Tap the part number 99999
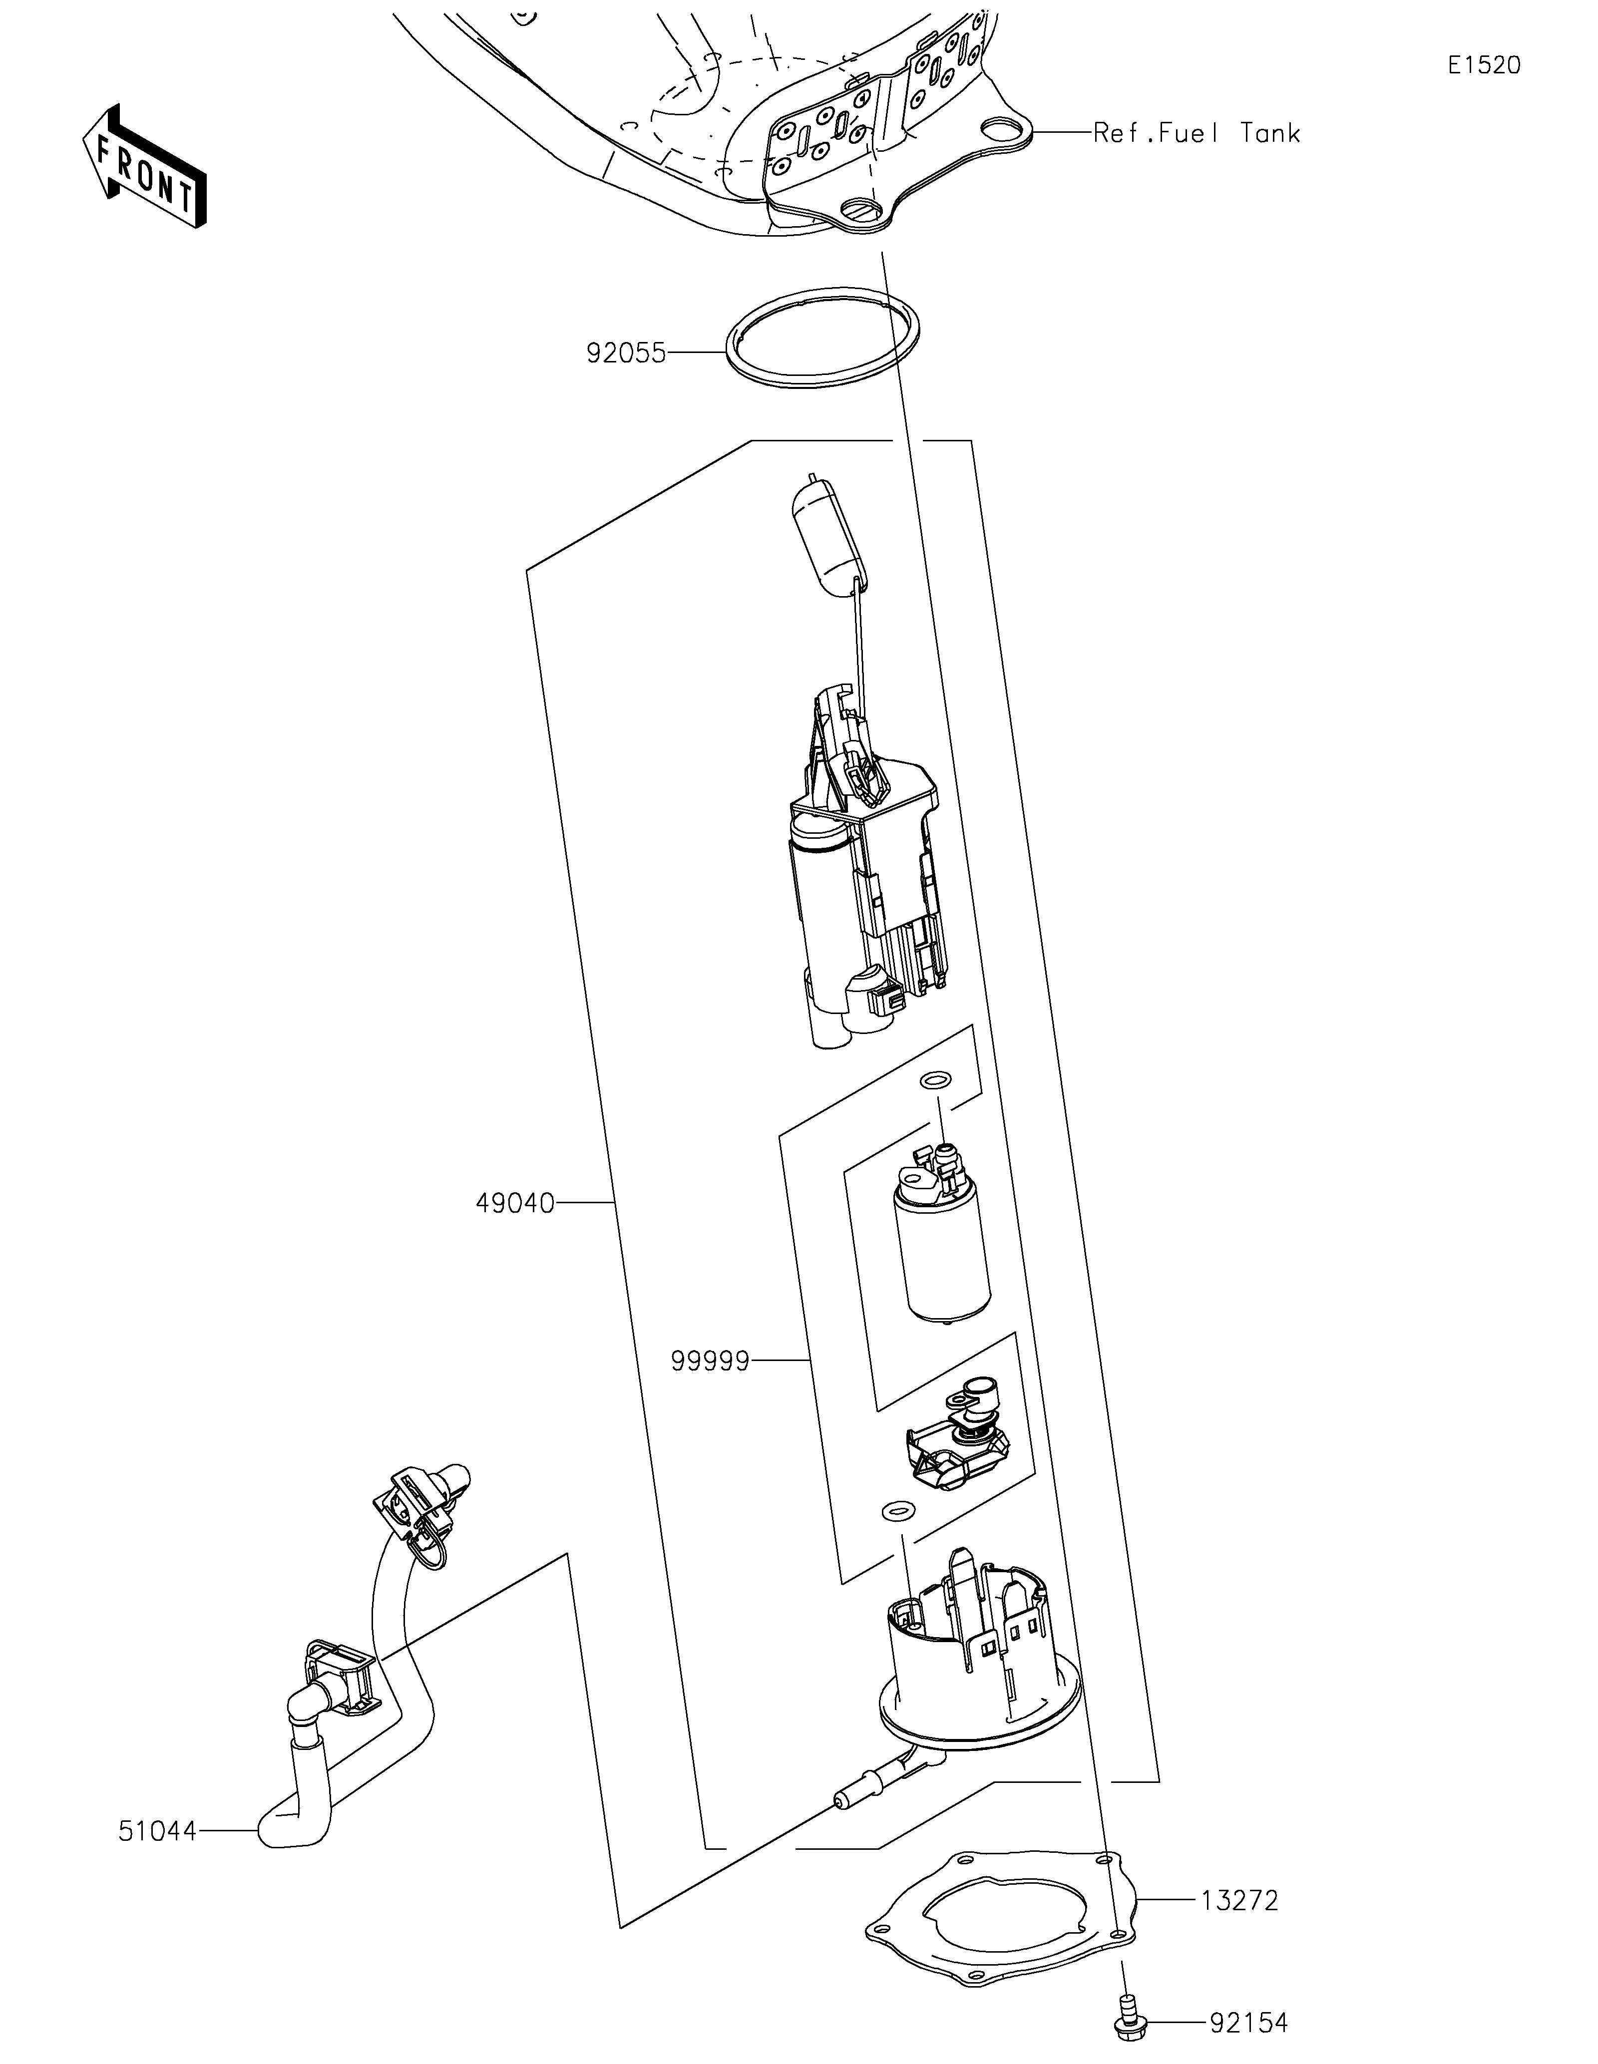710,1362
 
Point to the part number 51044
157,1831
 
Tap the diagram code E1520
1484,65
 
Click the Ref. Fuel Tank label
1197,133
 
